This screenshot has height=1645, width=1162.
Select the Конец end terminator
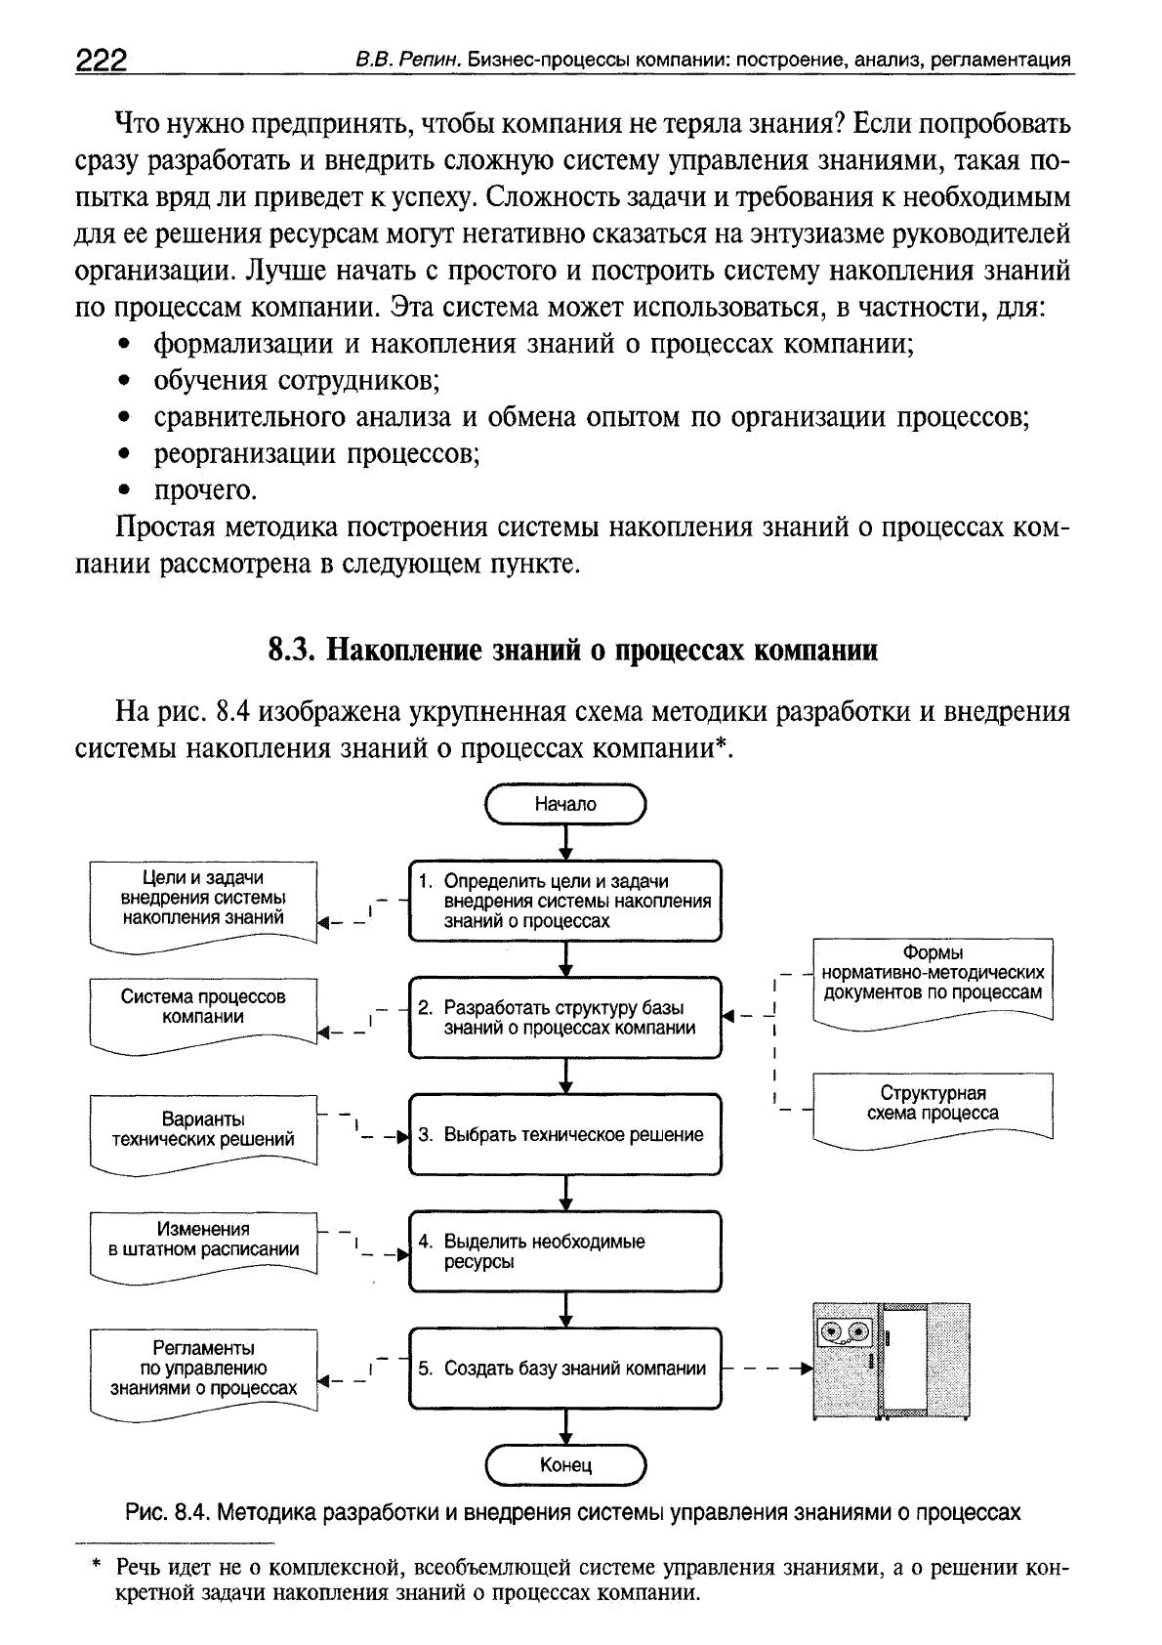(x=565, y=1465)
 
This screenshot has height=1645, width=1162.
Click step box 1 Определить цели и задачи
(x=564, y=901)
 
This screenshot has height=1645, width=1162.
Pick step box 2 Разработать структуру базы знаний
(x=564, y=1017)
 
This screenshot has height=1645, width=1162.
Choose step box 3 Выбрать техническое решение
(x=564, y=1134)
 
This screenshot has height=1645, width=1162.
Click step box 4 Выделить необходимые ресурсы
(x=564, y=1251)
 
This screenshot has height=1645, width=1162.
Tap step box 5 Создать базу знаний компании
(x=564, y=1368)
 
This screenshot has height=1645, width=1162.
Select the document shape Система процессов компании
(x=203, y=1011)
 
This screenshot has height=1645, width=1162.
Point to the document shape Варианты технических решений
(x=203, y=1129)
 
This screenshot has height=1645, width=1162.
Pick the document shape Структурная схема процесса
(x=933, y=1105)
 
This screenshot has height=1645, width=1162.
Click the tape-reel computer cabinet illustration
(x=891, y=1359)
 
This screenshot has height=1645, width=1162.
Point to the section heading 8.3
(x=572, y=650)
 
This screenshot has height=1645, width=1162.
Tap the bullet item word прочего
(x=205, y=490)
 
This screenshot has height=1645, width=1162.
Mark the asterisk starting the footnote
(x=97, y=1568)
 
